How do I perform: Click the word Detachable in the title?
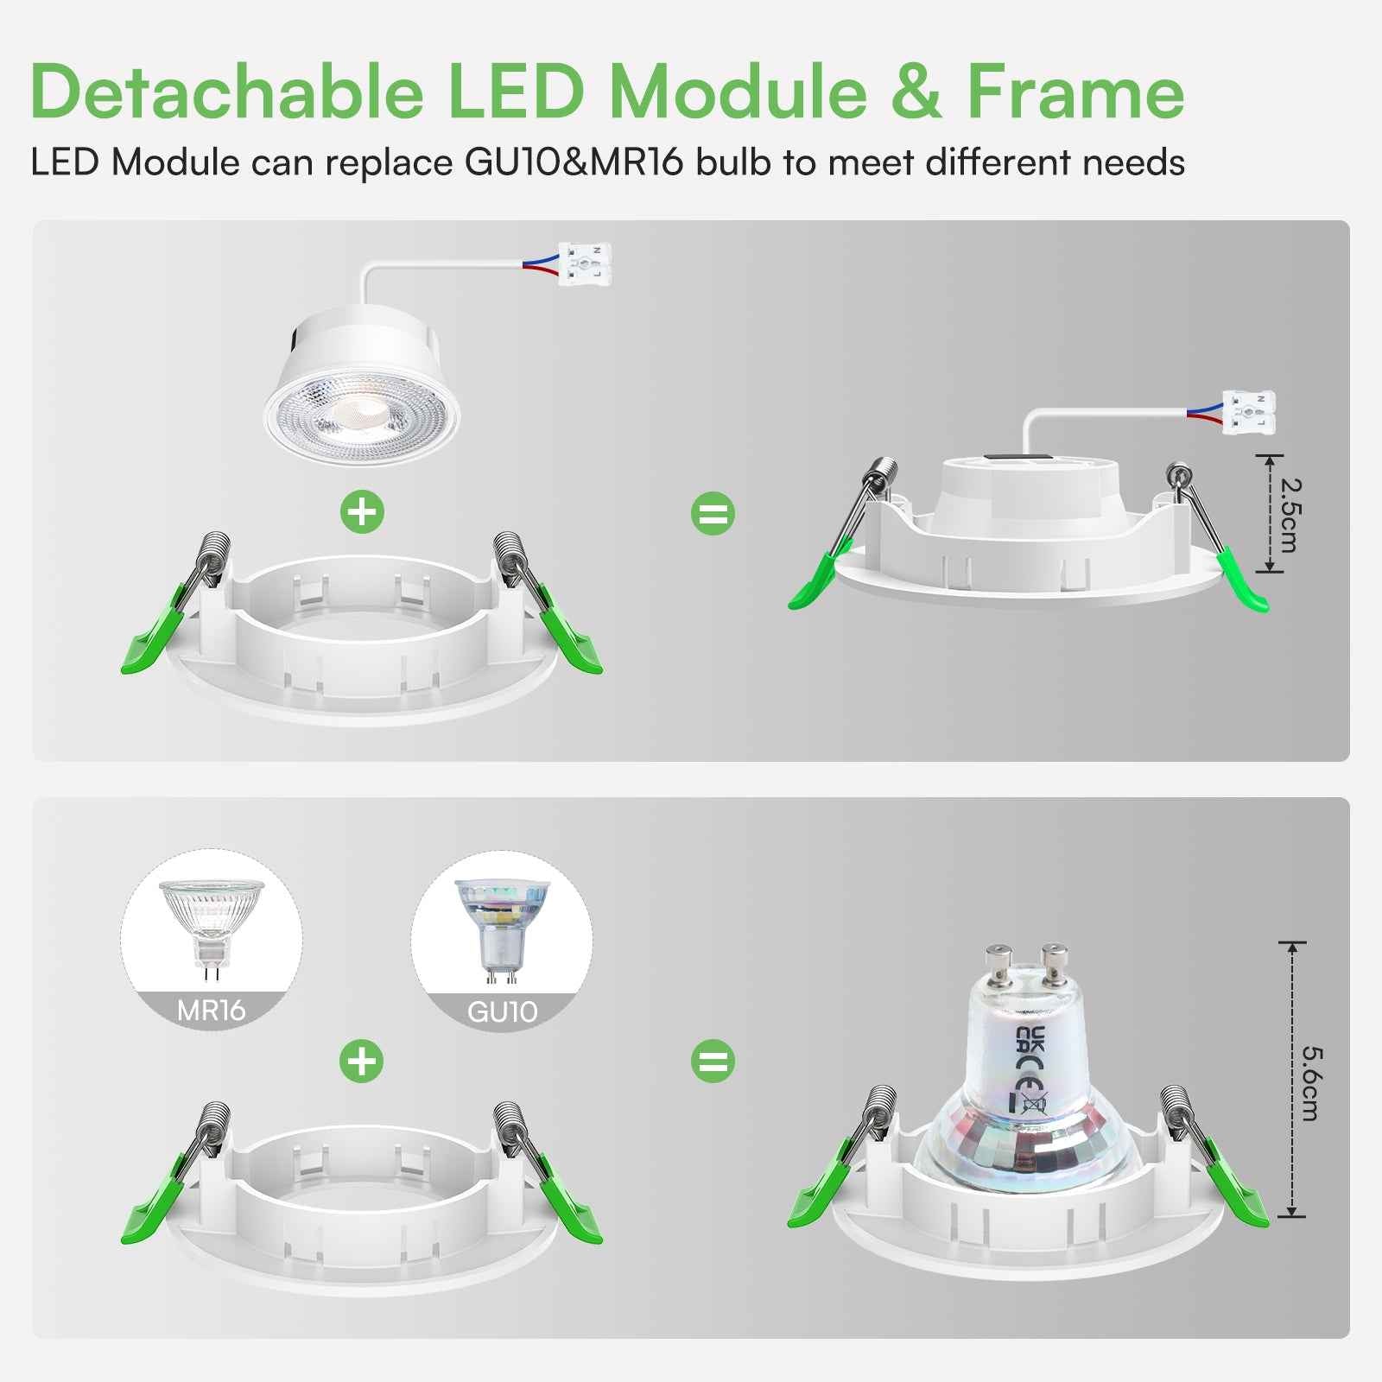click(x=226, y=92)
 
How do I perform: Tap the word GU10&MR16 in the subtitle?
click(x=574, y=162)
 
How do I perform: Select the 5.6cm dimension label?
click(x=1310, y=1083)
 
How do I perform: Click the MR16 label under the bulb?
click(x=211, y=1010)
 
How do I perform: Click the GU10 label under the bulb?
click(x=502, y=1011)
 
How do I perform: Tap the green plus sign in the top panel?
click(x=363, y=512)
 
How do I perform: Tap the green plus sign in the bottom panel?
click(x=362, y=1061)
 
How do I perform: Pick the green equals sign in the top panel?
click(x=713, y=513)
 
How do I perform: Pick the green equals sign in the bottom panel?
click(x=713, y=1061)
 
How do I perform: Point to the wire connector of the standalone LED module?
click(x=585, y=263)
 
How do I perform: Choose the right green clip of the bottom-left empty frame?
click(x=570, y=1205)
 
